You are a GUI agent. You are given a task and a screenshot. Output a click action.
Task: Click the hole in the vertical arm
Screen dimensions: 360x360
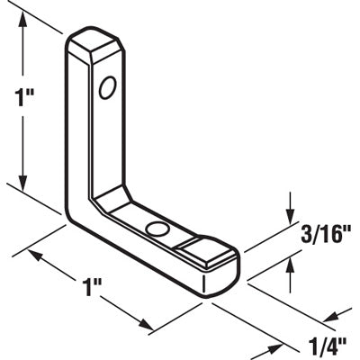(x=107, y=87)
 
